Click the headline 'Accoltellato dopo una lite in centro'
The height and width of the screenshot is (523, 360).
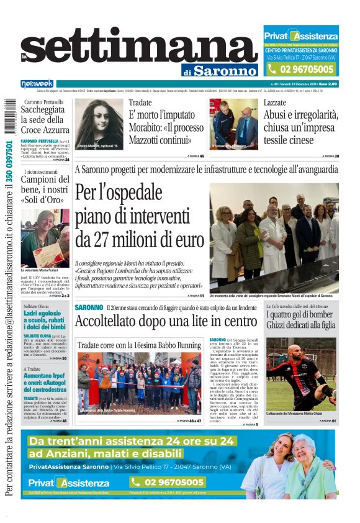[x=166, y=321]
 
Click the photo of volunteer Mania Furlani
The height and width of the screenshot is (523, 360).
[x=45, y=238]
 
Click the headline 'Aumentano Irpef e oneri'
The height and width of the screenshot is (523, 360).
[x=45, y=381]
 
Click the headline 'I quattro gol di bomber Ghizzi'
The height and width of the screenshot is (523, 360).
[x=300, y=320]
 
